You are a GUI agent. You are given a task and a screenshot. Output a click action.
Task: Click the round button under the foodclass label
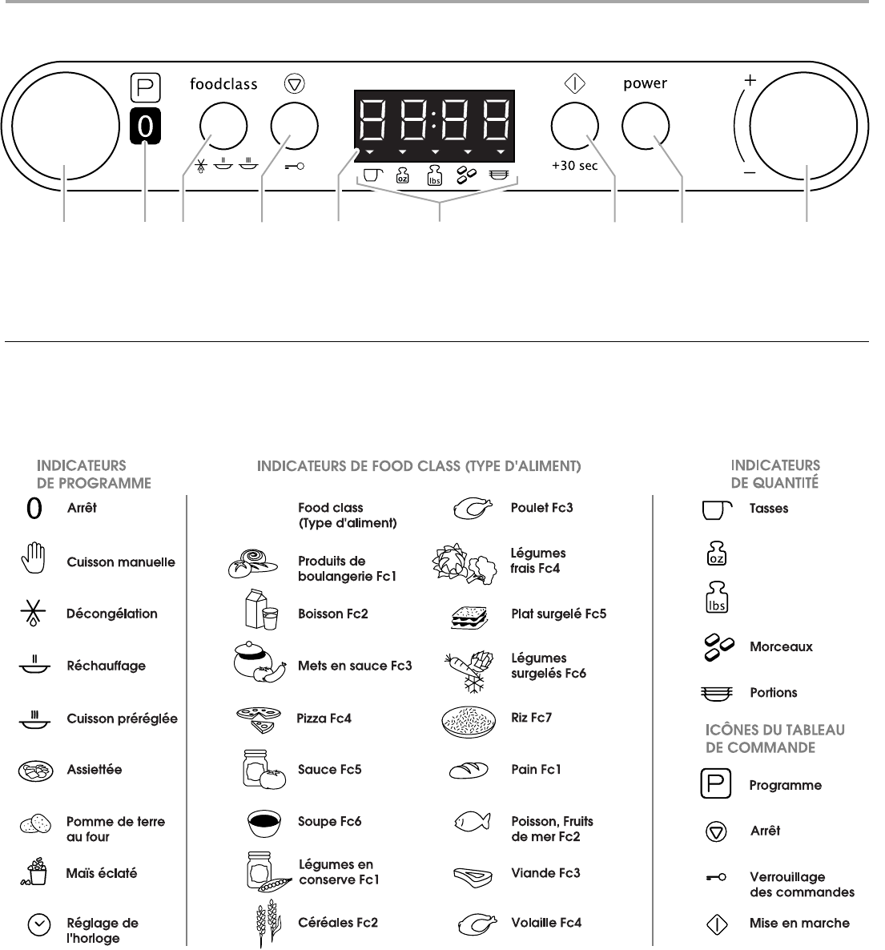pyautogui.click(x=223, y=127)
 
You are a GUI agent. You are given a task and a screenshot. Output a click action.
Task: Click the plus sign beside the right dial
pyautogui.click(x=750, y=81)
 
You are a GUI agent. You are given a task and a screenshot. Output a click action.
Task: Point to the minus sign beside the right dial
pyautogui.click(x=750, y=173)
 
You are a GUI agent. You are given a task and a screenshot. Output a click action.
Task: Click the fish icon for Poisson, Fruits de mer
pyautogui.click(x=472, y=823)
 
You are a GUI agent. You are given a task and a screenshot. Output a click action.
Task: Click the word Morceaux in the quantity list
pyautogui.click(x=781, y=646)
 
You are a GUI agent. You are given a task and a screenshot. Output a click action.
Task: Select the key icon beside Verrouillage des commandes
pyautogui.click(x=716, y=878)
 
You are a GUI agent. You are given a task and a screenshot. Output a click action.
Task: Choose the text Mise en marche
pyautogui.click(x=799, y=924)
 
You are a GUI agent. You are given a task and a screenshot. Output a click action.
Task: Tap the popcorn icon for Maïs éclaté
pyautogui.click(x=34, y=873)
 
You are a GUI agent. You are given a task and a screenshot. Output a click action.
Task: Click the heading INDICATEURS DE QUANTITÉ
pyautogui.click(x=775, y=473)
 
